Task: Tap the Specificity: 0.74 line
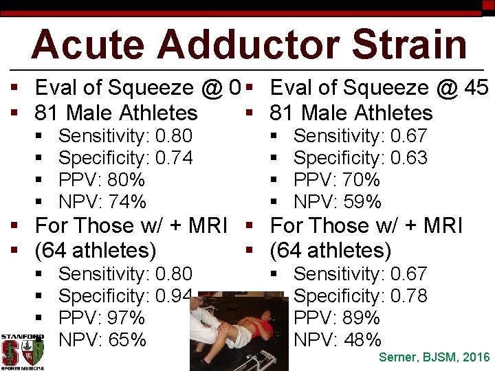point(125,158)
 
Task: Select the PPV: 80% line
point(102,180)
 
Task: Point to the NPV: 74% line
point(102,202)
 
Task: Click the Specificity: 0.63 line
point(360,158)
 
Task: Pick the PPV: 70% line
point(337,180)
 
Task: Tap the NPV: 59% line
point(338,202)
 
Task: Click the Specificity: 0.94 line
point(125,296)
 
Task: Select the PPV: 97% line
point(102,318)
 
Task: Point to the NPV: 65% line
point(102,340)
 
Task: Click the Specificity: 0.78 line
point(360,296)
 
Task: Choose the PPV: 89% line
point(337,318)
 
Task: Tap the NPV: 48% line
point(338,340)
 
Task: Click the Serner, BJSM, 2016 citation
point(434,357)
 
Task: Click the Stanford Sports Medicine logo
point(22,351)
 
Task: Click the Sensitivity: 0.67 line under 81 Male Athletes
point(360,136)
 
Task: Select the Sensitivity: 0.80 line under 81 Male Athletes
point(125,136)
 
